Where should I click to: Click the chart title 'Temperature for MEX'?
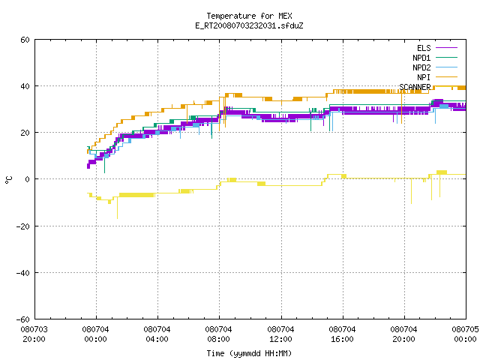coord(249,16)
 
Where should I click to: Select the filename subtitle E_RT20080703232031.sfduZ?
coord(249,25)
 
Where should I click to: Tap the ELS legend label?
coord(424,48)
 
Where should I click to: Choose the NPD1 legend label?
coord(421,58)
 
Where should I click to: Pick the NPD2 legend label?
coord(421,67)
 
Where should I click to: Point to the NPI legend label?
coord(424,77)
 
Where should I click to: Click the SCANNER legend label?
coord(415,87)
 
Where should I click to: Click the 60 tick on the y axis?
coord(25,40)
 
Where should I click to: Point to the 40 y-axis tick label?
coord(25,86)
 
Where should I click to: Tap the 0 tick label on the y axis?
coord(28,179)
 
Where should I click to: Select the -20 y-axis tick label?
coord(23,226)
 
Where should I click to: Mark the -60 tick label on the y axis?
coord(23,319)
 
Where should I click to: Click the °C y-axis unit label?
coord(8,180)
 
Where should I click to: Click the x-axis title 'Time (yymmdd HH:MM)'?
coord(249,353)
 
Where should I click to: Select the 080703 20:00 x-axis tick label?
coord(34,334)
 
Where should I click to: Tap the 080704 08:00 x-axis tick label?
coord(218,334)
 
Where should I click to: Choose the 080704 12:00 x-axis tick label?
coord(280,334)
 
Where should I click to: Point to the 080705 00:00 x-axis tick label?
coord(465,334)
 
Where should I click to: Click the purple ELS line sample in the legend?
coord(446,48)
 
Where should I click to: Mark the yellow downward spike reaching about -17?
coord(117,208)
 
